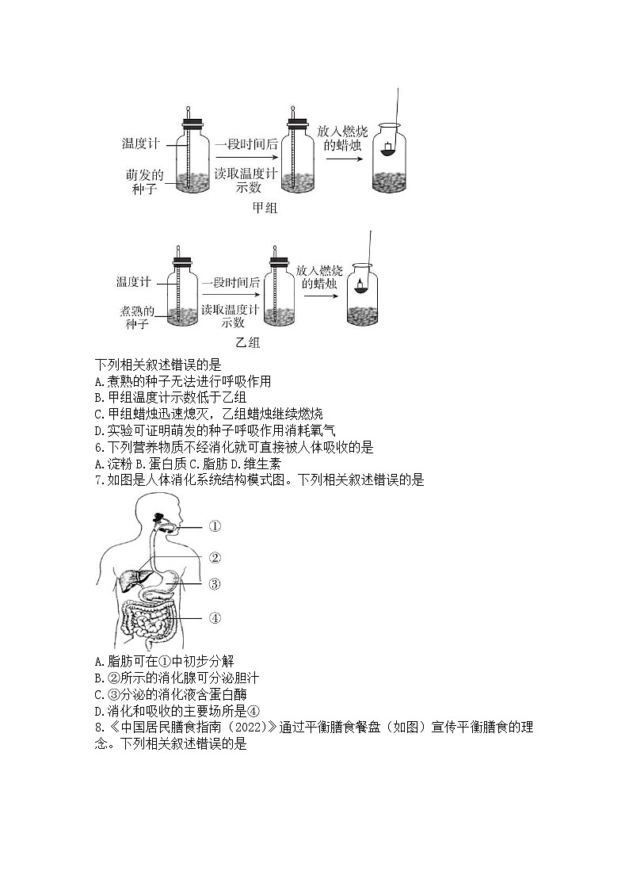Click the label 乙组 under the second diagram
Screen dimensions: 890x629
[x=248, y=343]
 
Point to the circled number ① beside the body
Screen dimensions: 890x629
[x=215, y=525]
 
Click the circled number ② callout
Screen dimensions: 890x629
[x=215, y=557]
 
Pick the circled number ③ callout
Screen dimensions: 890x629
[x=214, y=584]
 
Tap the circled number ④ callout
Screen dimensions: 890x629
[x=214, y=618]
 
